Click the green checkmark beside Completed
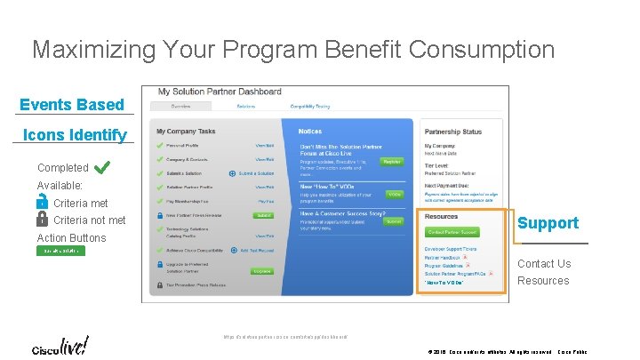pyautogui.click(x=101, y=166)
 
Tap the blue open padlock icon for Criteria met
pyautogui.click(x=43, y=204)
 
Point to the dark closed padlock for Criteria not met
pyautogui.click(x=43, y=220)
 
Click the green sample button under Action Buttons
pyautogui.click(x=61, y=252)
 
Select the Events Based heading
pyautogui.click(x=72, y=105)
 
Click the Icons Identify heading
pyautogui.click(x=74, y=135)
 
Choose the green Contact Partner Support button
pyautogui.click(x=452, y=232)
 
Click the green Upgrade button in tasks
pyautogui.click(x=262, y=270)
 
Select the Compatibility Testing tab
pyautogui.click(x=309, y=107)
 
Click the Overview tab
pyautogui.click(x=180, y=107)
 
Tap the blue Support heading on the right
pyautogui.click(x=548, y=223)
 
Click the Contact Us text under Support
pyautogui.click(x=544, y=264)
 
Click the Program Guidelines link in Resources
pyautogui.click(x=444, y=265)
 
